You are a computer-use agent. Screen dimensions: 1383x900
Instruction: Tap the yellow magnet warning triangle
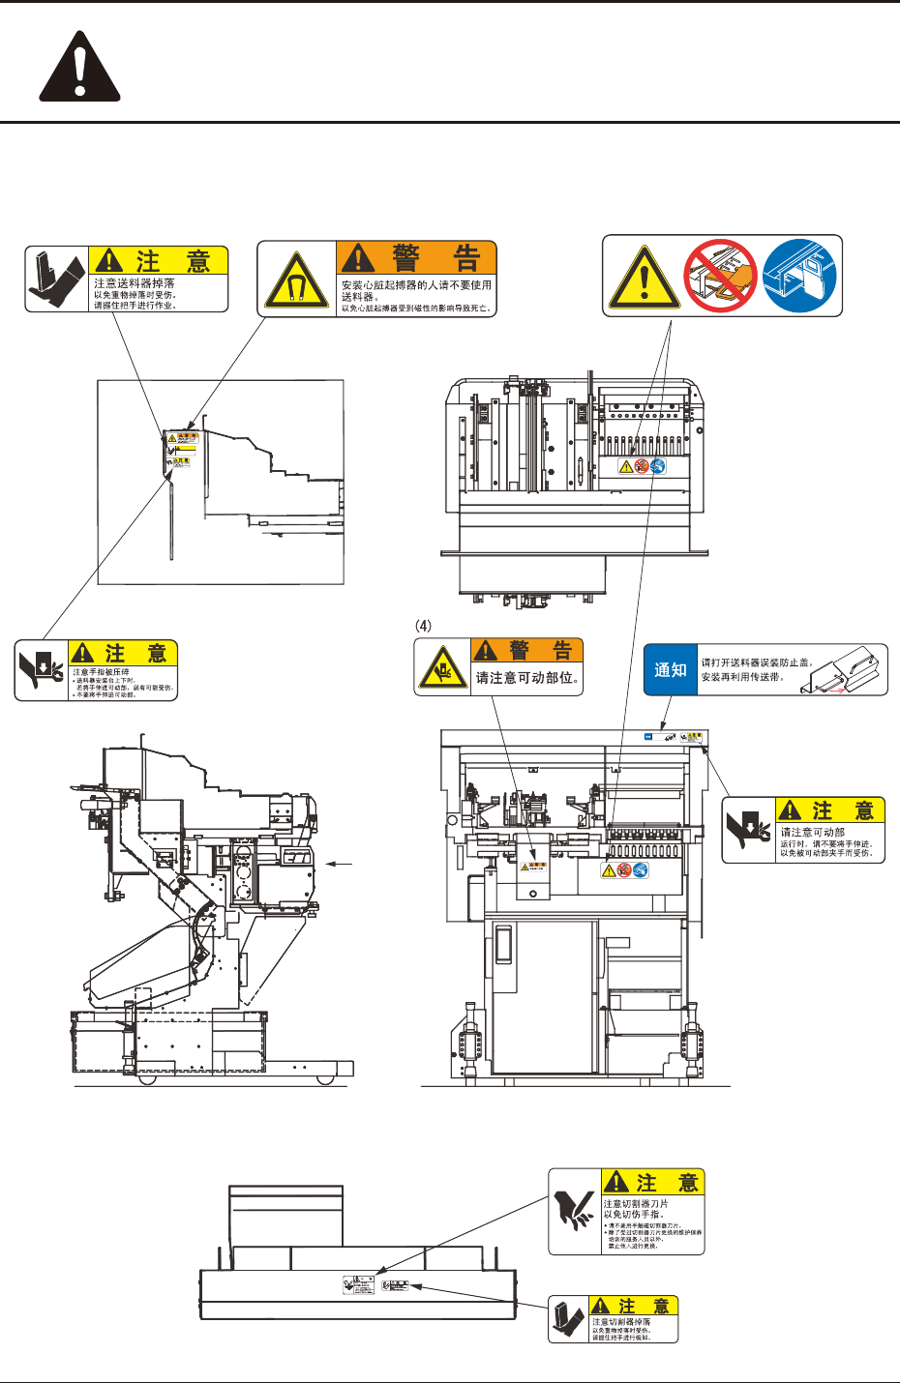coord(296,280)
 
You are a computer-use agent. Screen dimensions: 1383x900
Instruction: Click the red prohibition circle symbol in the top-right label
coord(720,276)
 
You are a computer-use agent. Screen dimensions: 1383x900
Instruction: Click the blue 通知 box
coord(671,670)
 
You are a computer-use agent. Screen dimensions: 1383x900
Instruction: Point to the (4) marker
coord(424,626)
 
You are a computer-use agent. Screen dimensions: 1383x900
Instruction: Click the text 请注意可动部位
coord(526,678)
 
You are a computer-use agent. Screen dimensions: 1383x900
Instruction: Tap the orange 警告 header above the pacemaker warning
coord(416,258)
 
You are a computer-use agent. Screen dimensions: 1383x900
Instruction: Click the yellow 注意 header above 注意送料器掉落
coord(158,261)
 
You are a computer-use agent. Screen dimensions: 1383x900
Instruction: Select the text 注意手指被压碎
coord(101,671)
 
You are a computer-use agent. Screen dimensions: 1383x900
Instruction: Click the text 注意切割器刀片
coord(636,1203)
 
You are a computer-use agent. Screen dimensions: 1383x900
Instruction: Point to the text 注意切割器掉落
coord(621,1321)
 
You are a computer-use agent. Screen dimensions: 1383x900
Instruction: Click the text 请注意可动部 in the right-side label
coord(813,832)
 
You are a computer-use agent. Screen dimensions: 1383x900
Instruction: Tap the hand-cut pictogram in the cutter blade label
coord(575,1211)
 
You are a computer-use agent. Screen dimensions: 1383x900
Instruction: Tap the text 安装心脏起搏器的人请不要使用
coord(416,285)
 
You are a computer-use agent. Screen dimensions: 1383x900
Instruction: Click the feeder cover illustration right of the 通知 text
coord(849,669)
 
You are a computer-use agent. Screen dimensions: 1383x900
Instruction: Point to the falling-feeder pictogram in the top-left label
coord(56,280)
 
